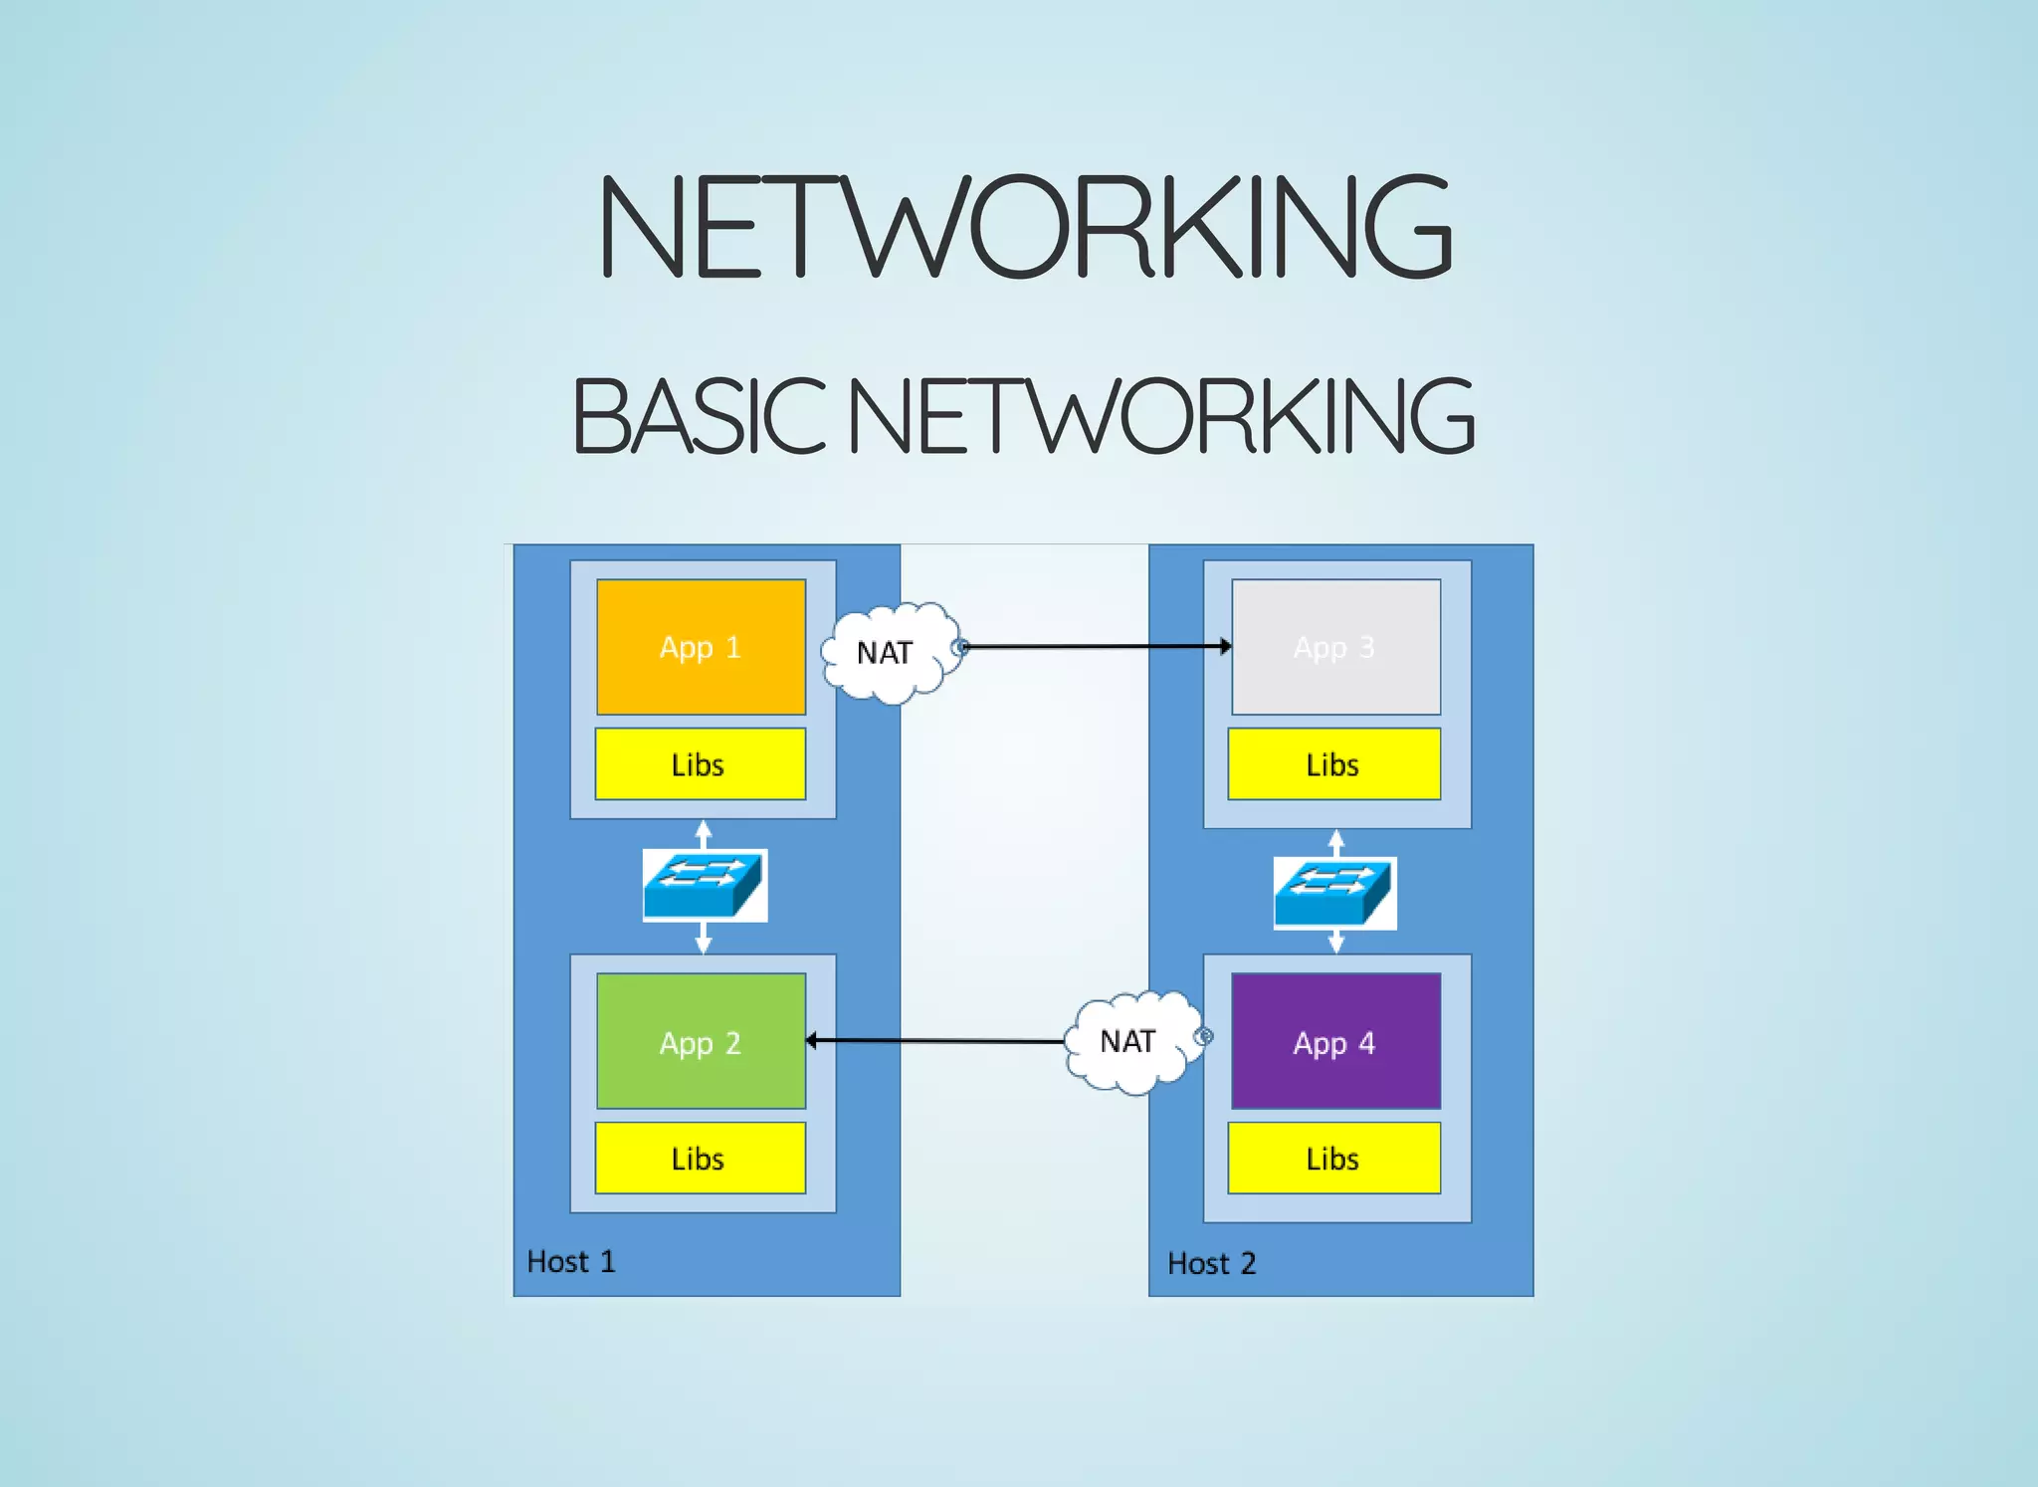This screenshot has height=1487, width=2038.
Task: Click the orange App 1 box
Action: click(x=701, y=647)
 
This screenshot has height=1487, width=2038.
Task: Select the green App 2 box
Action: click(x=701, y=1041)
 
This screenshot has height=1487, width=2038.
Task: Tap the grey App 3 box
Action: click(x=1335, y=647)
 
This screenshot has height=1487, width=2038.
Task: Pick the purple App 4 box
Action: click(x=1335, y=1041)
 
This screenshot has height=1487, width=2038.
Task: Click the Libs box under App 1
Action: click(x=700, y=764)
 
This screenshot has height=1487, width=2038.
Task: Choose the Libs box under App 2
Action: click(x=700, y=1158)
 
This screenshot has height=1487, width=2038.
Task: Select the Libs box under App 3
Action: click(x=1333, y=764)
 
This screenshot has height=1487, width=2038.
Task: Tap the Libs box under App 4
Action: click(x=1333, y=1158)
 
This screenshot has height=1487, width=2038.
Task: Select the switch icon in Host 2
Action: click(x=1334, y=893)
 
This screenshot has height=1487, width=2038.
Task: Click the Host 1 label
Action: click(x=571, y=1262)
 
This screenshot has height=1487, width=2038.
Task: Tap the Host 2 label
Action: click(x=1211, y=1264)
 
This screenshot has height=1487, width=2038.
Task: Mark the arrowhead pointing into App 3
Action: click(x=1225, y=646)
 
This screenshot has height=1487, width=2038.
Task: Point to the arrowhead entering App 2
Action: click(x=812, y=1041)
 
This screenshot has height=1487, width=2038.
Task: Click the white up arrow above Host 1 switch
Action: click(x=704, y=831)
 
